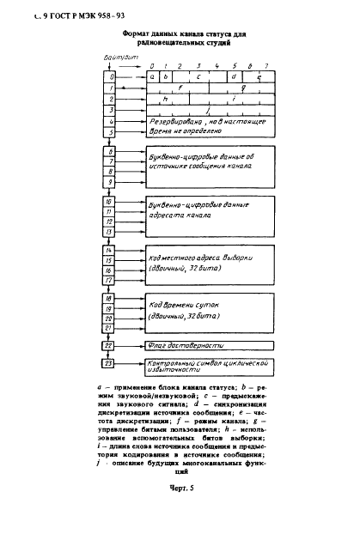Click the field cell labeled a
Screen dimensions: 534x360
click(x=152, y=76)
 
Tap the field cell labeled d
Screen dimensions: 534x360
click(x=234, y=76)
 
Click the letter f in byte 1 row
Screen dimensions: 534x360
click(x=179, y=88)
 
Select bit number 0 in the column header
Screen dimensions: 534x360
click(x=151, y=65)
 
